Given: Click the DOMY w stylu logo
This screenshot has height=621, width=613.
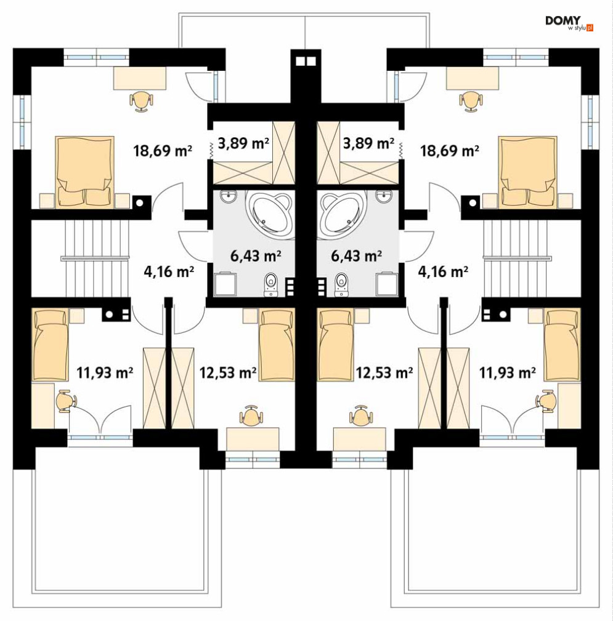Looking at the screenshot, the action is tap(569, 23).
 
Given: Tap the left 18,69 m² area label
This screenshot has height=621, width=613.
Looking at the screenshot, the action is tap(163, 151).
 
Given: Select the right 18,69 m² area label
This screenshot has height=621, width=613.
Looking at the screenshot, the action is tap(450, 151).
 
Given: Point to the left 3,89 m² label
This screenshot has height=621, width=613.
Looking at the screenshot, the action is tap(243, 143).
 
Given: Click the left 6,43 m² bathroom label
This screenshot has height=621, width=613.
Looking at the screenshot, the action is tap(256, 256).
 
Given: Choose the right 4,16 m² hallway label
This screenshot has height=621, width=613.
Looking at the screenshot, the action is tap(443, 271).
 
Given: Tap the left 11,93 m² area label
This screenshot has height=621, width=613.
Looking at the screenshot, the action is tap(105, 372).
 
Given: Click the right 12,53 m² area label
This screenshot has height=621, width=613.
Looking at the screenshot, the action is tap(384, 372).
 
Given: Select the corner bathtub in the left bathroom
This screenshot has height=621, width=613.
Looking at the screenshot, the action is tap(270, 214).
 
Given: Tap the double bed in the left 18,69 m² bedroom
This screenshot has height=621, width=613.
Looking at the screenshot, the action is tap(85, 172).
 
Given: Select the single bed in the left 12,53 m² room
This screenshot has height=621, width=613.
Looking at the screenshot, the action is tap(277, 345).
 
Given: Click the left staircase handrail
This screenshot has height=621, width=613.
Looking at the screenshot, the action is tap(95, 258).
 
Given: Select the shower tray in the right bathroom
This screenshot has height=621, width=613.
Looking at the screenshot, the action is tap(388, 284).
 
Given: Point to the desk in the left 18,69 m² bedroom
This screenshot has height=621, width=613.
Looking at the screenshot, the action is tap(140, 78).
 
